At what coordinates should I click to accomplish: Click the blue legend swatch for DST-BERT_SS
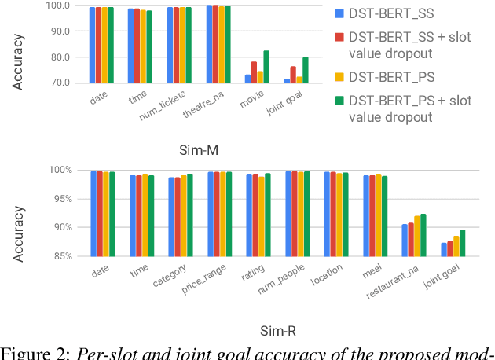click(340, 13)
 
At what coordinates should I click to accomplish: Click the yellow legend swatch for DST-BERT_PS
click(340, 76)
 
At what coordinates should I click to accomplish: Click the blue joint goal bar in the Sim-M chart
click(288, 80)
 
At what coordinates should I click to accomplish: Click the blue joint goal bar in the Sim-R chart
click(444, 249)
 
